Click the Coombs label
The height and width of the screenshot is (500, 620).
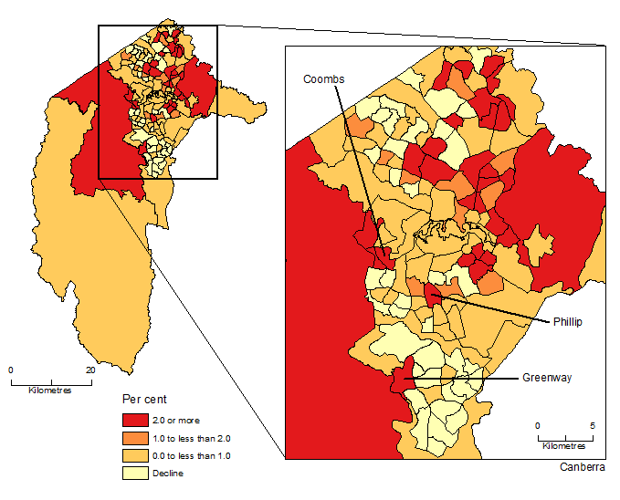click(324, 79)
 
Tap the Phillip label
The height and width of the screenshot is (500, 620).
click(566, 322)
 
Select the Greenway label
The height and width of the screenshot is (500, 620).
click(547, 377)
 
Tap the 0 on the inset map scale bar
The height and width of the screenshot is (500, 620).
click(537, 425)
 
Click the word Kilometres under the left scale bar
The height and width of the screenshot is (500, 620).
click(52, 390)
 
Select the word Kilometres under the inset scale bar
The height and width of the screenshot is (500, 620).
click(564, 446)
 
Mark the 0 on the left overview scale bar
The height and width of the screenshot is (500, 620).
click(11, 370)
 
